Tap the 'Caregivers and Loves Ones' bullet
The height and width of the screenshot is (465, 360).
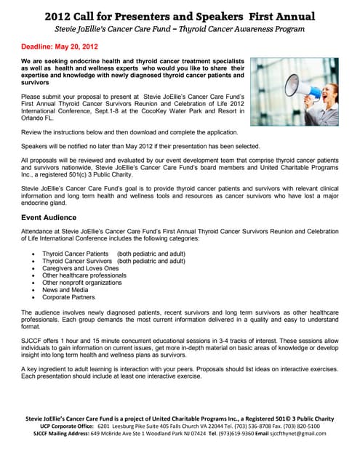click(x=81, y=269)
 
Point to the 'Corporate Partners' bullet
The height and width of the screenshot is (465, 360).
click(x=70, y=298)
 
